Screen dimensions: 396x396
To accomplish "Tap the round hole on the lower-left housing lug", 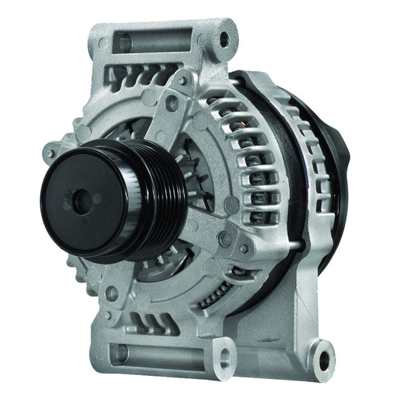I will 111,291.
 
